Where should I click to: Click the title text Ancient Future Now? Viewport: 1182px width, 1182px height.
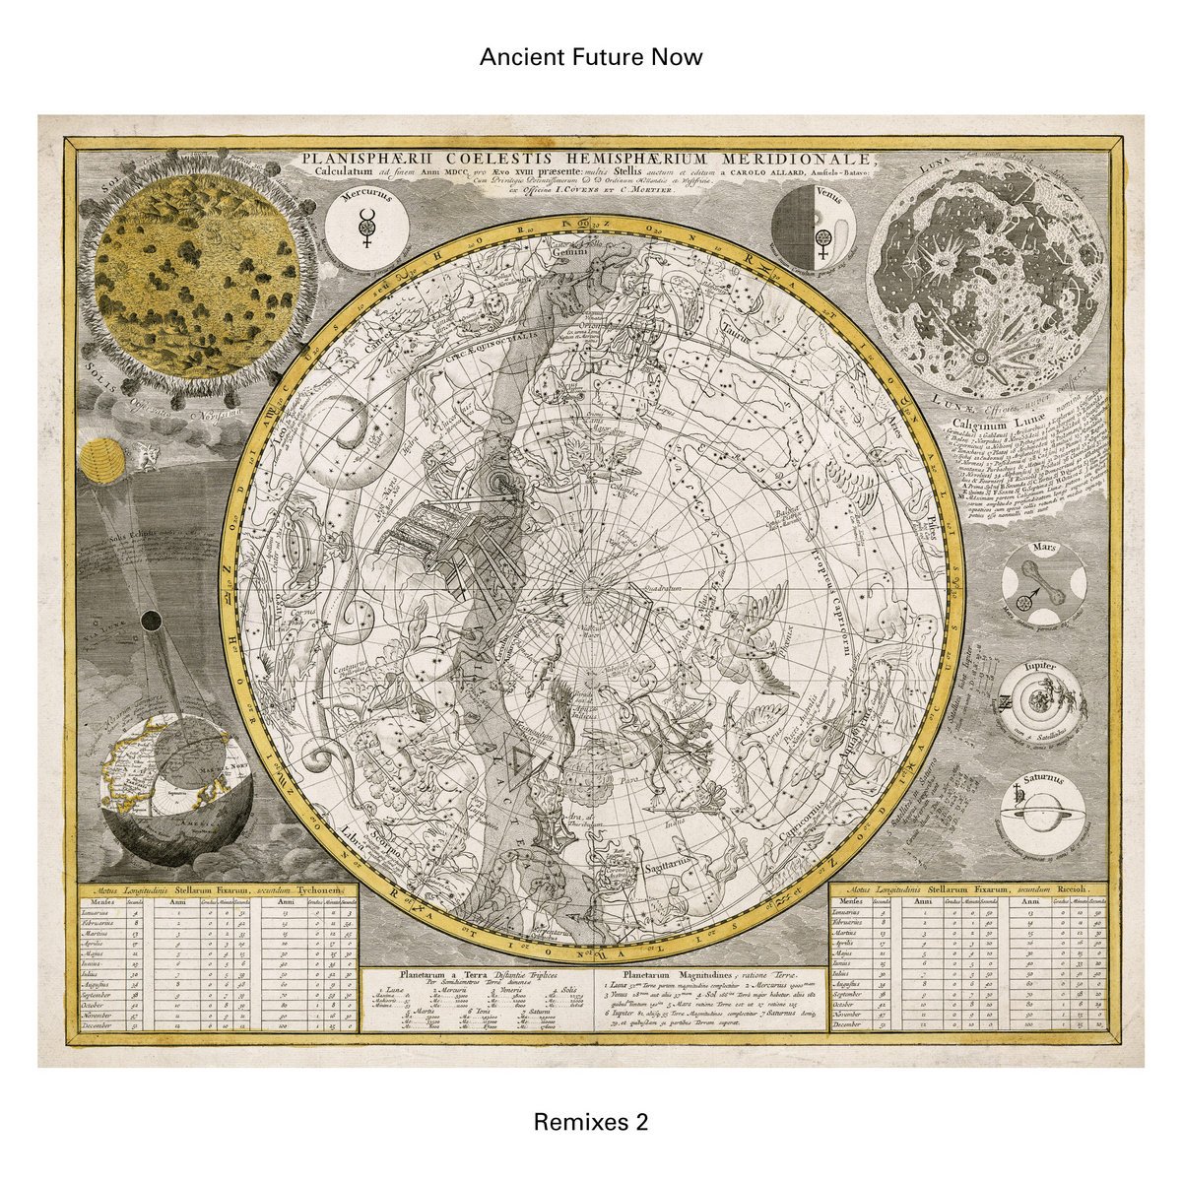(591, 57)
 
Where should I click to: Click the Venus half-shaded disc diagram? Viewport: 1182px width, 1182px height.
(812, 226)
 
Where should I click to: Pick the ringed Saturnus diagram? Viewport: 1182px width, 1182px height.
(1041, 814)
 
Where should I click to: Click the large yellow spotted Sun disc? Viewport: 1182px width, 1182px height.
(197, 276)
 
